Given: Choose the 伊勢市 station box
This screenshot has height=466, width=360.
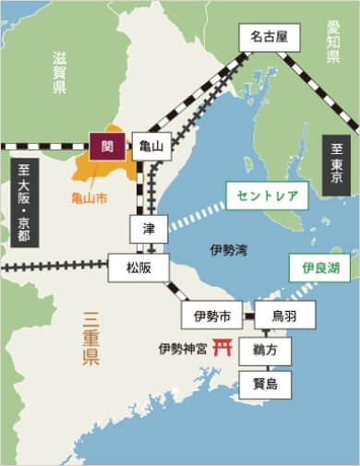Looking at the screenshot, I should pos(210,316).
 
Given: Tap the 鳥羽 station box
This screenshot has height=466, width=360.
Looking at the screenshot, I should pos(284,316).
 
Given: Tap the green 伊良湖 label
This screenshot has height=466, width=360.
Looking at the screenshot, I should pos(319,269).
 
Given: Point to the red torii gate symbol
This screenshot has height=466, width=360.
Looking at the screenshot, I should pos(220,348).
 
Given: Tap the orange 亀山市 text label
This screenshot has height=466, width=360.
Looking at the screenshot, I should pos(90,197).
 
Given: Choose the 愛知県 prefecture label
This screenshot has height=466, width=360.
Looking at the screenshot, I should pos(335,41).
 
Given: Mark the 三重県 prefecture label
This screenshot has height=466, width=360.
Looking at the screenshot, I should pos(90,338).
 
